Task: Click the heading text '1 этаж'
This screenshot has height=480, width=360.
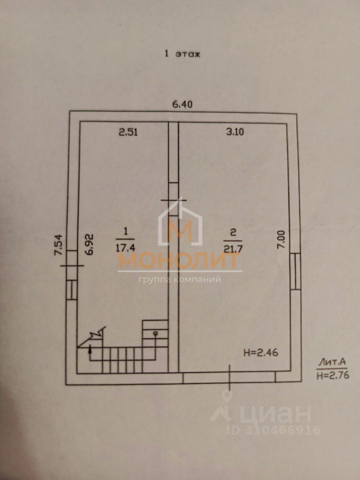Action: point(182,54)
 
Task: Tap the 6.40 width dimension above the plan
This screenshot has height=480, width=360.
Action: point(182,104)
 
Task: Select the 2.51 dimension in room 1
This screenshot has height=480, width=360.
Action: point(127,132)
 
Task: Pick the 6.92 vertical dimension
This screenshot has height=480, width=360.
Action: point(90,244)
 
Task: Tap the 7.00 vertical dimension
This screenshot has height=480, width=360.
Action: point(281,240)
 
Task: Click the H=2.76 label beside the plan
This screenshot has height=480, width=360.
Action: point(331,374)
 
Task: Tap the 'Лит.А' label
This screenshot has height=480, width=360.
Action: point(331,362)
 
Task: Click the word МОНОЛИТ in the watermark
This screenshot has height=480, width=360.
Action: point(180,261)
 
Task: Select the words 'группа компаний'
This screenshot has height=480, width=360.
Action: point(180,279)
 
